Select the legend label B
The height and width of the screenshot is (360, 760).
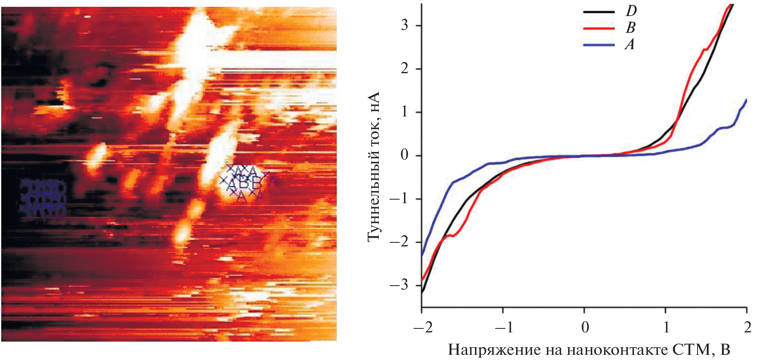pos(630,28)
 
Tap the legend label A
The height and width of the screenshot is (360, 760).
pos(630,44)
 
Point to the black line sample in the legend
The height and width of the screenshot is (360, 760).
pos(599,12)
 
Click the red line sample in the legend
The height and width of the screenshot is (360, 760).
pos(599,28)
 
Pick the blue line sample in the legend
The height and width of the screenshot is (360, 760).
pos(599,45)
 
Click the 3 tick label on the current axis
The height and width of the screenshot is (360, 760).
pos(404,25)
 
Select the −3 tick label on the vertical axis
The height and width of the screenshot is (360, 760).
pos(399,285)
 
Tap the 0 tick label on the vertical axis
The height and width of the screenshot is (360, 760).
pos(404,155)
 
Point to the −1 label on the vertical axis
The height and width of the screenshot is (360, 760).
pos(399,198)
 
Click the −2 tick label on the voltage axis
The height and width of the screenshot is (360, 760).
pos(422,328)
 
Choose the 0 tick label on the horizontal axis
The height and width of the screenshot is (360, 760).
pos(585,328)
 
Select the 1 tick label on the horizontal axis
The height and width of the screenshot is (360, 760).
pos(666,328)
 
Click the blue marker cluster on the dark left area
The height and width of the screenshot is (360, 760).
pos(43,199)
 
